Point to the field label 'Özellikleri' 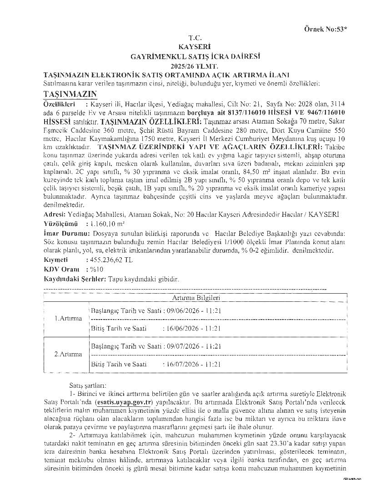(59, 104)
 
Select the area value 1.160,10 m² (108, 224)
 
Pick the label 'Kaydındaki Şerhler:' (75, 279)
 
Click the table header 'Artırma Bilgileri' (196, 298)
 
